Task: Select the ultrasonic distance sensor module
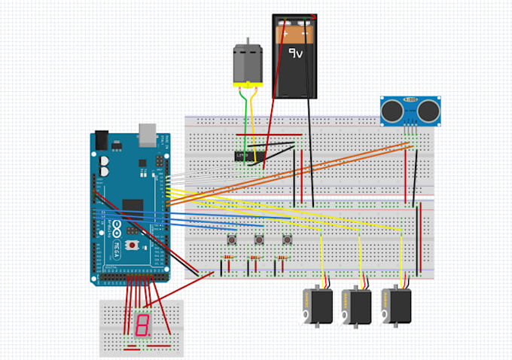tap(410, 111)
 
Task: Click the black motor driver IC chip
tap(243, 156)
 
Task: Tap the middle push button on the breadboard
tap(259, 239)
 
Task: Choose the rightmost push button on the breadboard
tap(287, 239)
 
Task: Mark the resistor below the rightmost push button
tap(283, 260)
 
